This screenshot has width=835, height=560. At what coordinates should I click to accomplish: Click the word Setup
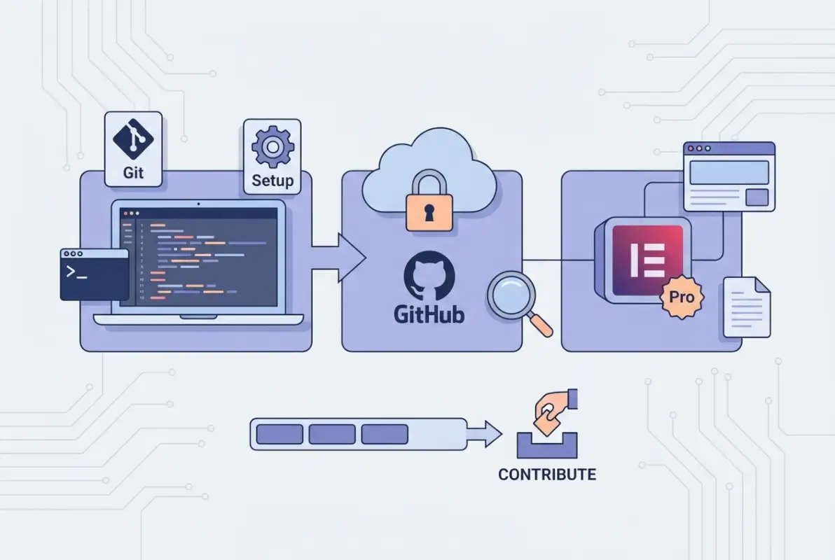272,181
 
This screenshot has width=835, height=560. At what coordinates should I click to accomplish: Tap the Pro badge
682,297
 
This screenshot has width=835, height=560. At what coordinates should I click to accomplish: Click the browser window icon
729,176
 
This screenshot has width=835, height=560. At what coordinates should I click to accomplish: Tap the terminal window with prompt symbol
94,274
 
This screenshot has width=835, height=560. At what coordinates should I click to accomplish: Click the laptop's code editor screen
198,257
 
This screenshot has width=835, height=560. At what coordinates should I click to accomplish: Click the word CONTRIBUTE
547,475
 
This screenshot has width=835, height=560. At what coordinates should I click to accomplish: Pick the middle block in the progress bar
332,434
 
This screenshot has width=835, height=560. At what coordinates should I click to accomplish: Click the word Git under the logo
133,172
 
